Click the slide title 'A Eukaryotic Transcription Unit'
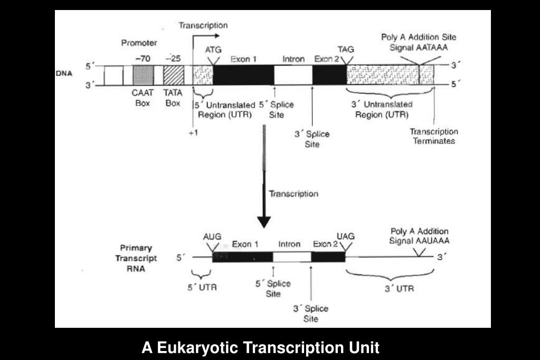click(x=260, y=348)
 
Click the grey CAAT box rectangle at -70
click(x=142, y=75)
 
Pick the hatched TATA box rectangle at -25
click(x=173, y=75)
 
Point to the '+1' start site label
click(x=193, y=132)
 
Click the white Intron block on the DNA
click(x=293, y=75)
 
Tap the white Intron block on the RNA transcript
click(x=291, y=258)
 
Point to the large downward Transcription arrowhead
click(x=264, y=220)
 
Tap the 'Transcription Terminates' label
click(x=434, y=136)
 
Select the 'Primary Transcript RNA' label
click(x=136, y=258)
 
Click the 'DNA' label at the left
click(x=64, y=73)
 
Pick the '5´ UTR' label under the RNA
click(x=203, y=288)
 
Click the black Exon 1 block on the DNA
click(x=243, y=75)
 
